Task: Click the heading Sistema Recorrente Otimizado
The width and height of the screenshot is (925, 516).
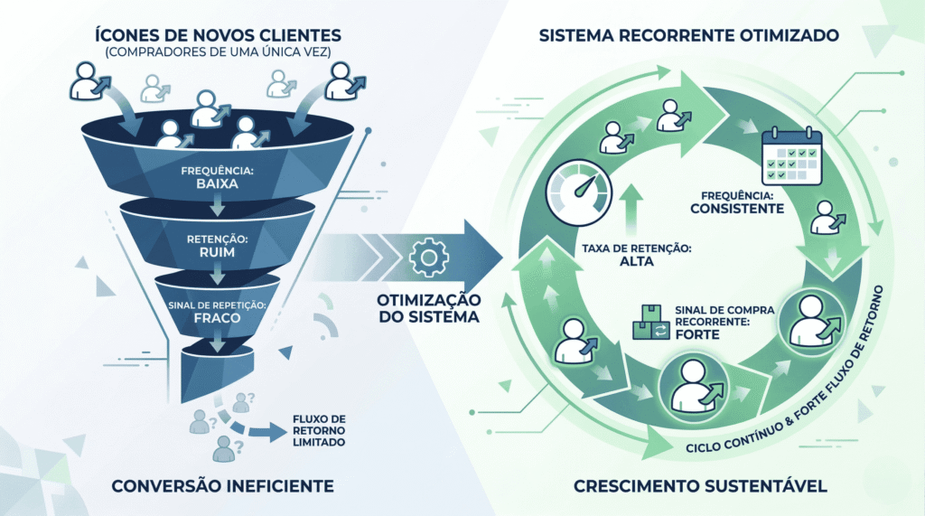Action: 689,37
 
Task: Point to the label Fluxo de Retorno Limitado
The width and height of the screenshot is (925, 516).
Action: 320,430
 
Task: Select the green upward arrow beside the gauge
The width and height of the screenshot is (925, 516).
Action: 632,208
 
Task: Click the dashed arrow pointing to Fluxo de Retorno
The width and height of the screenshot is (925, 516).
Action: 258,430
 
